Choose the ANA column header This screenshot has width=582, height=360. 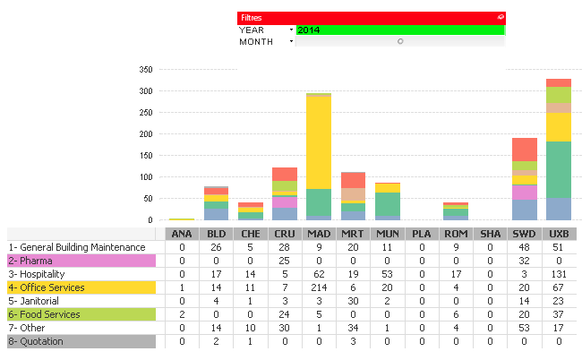(181, 234)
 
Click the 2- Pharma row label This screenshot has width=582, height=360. (81, 261)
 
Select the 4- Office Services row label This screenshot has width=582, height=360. (81, 287)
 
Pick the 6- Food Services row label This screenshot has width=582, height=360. (81, 314)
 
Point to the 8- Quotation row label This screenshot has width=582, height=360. (81, 341)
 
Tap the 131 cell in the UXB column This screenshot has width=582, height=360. (559, 274)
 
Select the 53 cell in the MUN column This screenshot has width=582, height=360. (388, 274)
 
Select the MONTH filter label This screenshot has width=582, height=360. (256, 41)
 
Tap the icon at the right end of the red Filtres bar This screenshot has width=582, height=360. (500, 17)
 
